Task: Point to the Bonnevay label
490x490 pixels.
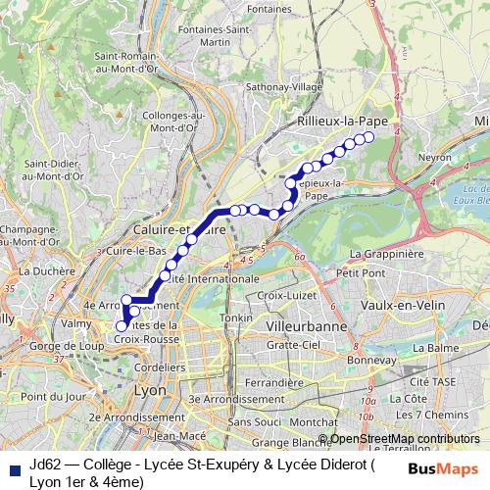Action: click(369, 360)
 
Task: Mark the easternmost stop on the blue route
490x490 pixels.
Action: click(370, 137)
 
